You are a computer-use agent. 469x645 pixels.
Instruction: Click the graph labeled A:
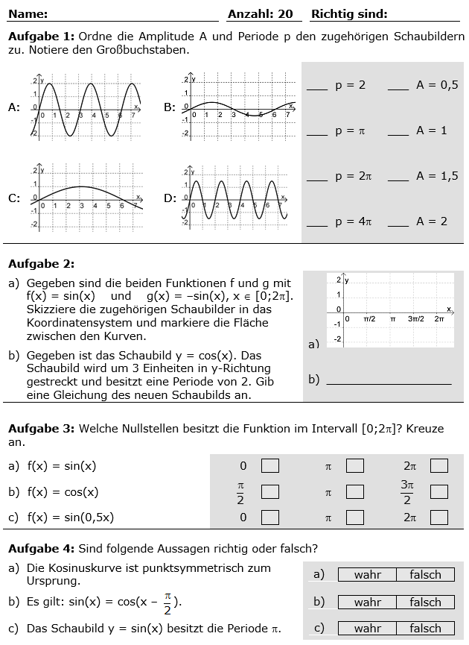(x=86, y=107)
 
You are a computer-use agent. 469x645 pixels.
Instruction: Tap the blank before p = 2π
(x=316, y=177)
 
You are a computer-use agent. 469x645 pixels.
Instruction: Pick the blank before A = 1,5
(x=398, y=177)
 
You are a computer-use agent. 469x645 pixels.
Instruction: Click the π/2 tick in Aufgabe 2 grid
(x=369, y=318)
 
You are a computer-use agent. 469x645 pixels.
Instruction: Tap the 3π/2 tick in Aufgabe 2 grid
(x=415, y=318)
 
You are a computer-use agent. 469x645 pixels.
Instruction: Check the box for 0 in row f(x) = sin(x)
(x=269, y=466)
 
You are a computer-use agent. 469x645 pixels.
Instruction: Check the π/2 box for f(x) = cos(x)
(x=269, y=492)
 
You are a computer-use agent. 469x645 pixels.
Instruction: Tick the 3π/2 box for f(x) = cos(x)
(x=439, y=492)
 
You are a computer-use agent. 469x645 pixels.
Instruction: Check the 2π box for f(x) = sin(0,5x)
(x=439, y=517)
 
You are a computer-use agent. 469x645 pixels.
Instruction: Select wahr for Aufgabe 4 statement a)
(x=367, y=575)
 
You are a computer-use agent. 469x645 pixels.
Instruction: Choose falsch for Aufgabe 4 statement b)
(x=425, y=602)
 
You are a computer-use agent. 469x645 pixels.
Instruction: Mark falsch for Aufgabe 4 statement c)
(x=425, y=629)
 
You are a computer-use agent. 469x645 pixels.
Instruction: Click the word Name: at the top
(x=28, y=14)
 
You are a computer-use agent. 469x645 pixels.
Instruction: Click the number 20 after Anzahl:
(x=286, y=14)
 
